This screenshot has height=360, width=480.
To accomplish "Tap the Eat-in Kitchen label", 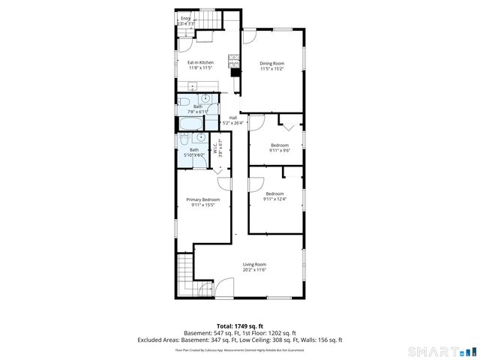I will click(x=200, y=62).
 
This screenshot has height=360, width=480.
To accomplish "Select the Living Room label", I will click(x=254, y=264).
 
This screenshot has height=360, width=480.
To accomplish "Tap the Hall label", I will click(x=232, y=117).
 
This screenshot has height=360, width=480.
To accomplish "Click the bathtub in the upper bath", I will click(x=190, y=124).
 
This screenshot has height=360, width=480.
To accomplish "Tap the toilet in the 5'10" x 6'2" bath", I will click(x=200, y=139).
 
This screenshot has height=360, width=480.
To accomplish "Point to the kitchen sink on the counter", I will click(x=193, y=84).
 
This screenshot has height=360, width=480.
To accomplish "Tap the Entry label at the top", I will click(x=185, y=18).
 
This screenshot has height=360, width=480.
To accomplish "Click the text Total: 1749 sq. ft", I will click(x=239, y=326).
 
